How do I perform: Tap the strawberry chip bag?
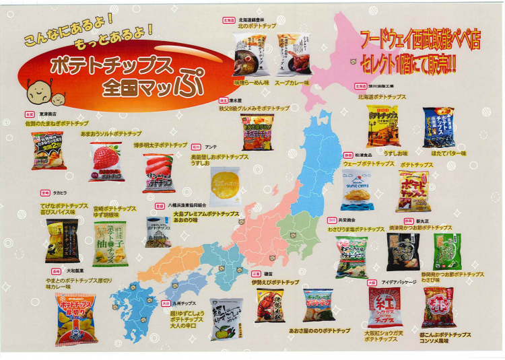click(106, 161)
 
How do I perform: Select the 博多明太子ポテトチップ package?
click(158, 173)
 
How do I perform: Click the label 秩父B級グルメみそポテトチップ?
click(254, 108)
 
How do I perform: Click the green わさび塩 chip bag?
click(352, 256)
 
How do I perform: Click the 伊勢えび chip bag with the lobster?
click(269, 305)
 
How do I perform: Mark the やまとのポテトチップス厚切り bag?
click(75, 318)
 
